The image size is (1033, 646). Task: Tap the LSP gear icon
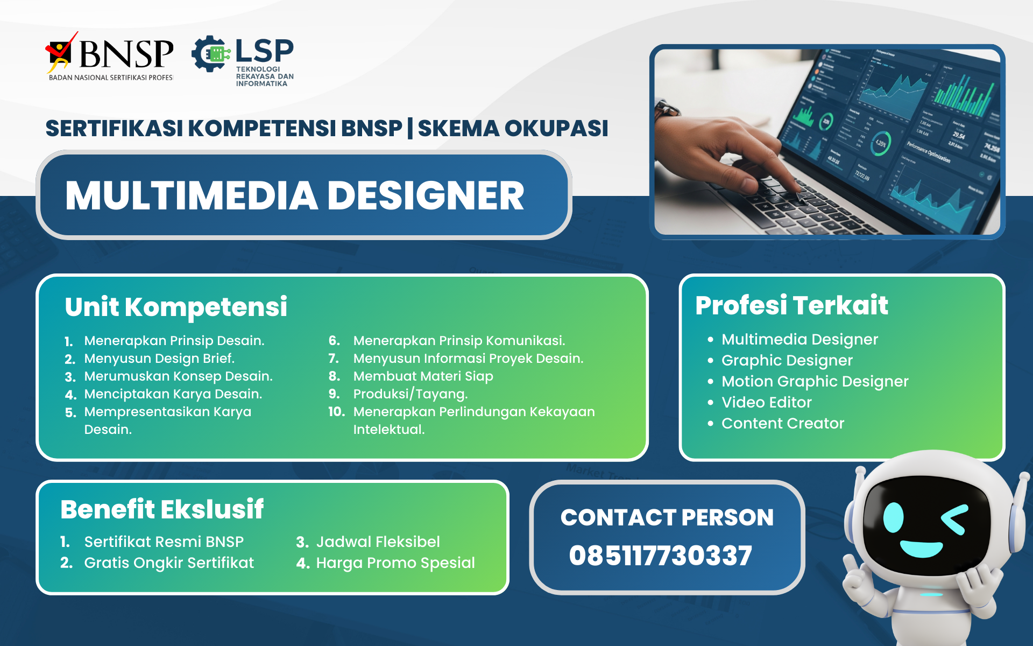210,54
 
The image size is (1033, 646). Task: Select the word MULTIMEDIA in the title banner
192,195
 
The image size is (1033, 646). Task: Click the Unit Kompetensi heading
176,307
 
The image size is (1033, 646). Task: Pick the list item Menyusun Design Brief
159,359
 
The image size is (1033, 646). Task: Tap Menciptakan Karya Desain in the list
173,394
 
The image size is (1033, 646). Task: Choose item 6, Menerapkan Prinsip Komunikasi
458,341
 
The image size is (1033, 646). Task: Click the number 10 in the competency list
336,412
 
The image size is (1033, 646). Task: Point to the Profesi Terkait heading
791,305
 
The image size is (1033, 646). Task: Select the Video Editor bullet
766,403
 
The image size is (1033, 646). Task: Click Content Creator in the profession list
782,424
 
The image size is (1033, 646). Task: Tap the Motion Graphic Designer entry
815,382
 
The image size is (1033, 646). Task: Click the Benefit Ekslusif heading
162,509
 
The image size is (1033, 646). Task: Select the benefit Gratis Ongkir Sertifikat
168,563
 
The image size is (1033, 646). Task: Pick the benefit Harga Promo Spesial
395,563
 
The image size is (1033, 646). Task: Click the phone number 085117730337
660,556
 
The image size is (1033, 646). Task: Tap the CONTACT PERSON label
667,517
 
